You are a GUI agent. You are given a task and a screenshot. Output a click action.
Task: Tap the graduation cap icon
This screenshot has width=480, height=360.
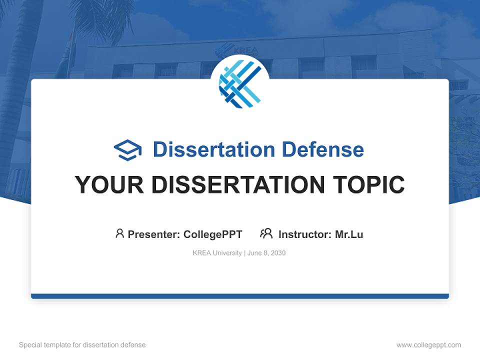127,150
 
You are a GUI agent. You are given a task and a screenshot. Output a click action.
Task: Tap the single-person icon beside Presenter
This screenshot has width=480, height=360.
119,233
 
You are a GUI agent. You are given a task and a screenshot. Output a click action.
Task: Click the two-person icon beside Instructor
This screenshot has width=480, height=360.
266,233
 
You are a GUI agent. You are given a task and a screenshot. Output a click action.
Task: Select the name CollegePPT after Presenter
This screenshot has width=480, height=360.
212,234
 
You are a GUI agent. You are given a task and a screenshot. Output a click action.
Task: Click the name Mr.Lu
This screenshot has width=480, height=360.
349,234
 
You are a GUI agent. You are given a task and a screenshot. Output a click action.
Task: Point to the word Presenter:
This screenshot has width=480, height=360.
154,234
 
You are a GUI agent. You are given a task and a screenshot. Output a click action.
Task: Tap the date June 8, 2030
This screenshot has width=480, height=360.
266,253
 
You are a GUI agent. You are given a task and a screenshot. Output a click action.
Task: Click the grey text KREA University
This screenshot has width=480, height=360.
217,253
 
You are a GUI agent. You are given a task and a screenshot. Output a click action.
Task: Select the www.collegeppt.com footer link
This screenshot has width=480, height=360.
428,345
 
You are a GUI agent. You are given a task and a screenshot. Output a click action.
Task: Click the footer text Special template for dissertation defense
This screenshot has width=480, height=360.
82,345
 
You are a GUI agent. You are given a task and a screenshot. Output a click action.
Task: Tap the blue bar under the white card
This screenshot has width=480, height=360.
240,296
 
